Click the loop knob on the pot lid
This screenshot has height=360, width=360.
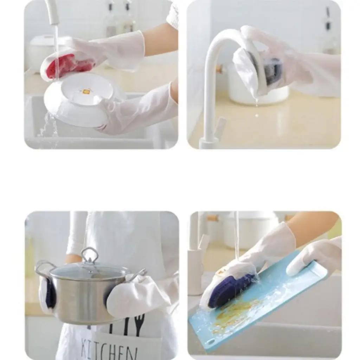pyautogui.click(x=90, y=255)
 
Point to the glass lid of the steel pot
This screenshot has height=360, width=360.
pyautogui.click(x=88, y=271)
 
